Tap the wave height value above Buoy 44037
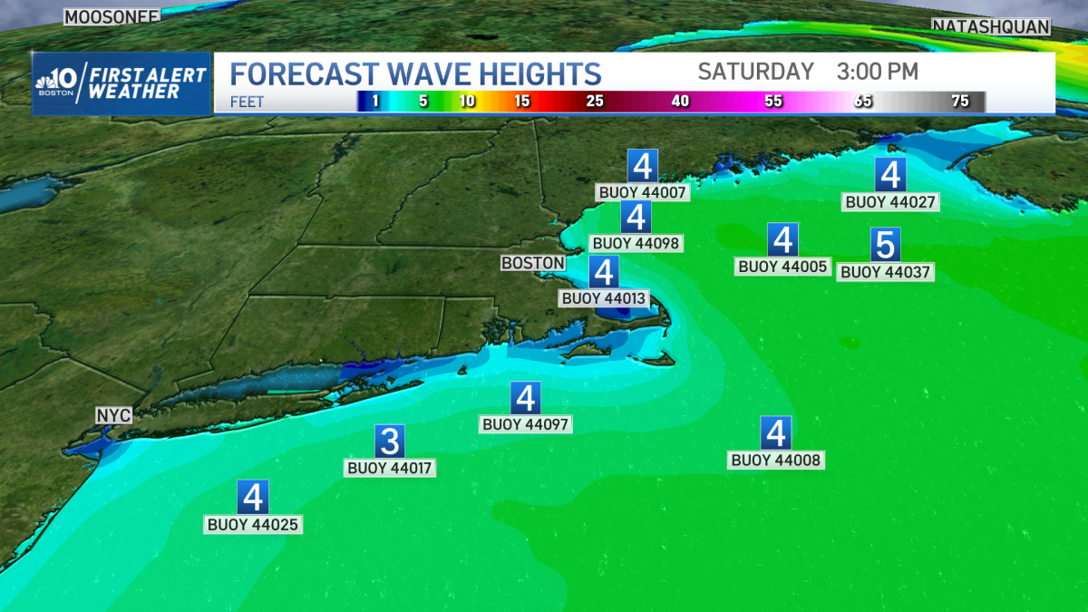885,245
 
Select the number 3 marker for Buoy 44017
390,442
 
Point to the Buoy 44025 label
253,524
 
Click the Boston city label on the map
533,263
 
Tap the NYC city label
114,415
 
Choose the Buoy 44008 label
775,461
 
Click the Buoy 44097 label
527,424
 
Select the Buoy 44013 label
604,297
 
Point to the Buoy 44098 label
635,243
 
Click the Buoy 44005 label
783,267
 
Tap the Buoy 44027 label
890,202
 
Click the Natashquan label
991,27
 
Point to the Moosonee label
112,15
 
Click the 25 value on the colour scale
595,102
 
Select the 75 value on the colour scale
960,102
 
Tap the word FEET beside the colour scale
248,102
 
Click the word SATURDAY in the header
756,72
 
